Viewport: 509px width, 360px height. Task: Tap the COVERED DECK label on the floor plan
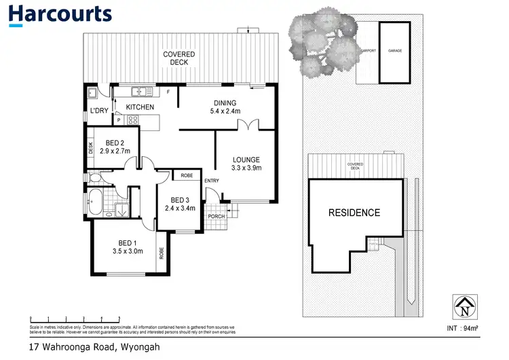pyautogui.click(x=178, y=58)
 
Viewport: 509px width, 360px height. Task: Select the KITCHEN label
pyautogui.click(x=140, y=107)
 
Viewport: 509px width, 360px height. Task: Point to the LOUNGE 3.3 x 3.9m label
pyautogui.click(x=246, y=164)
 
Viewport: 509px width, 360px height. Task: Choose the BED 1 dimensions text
pyautogui.click(x=128, y=251)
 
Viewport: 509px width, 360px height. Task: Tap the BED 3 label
pyautogui.click(x=180, y=204)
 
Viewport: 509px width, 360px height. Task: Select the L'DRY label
pyautogui.click(x=99, y=111)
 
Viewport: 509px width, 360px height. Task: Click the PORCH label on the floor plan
pyautogui.click(x=216, y=217)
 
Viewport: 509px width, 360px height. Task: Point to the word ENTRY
pyautogui.click(x=212, y=180)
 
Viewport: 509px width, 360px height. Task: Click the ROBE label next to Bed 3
pyautogui.click(x=187, y=175)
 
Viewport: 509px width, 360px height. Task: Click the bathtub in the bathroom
pyautogui.click(x=96, y=202)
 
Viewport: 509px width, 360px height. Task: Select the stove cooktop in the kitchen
pyautogui.click(x=133, y=120)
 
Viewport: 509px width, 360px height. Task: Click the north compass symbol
pyautogui.click(x=464, y=307)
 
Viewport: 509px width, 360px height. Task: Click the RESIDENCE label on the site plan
pyautogui.click(x=354, y=213)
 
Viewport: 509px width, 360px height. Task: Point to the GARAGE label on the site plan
pyautogui.click(x=394, y=51)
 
